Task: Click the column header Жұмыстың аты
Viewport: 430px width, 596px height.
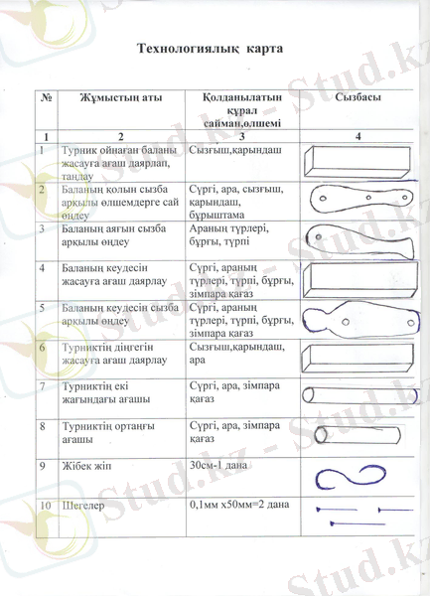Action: coord(120,98)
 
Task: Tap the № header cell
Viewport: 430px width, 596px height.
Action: coord(47,98)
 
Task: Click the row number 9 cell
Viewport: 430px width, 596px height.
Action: coord(43,465)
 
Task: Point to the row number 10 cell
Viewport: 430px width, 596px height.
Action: coord(45,506)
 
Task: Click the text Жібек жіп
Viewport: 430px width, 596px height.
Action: coord(87,465)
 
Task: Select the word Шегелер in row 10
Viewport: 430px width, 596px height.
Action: coord(85,506)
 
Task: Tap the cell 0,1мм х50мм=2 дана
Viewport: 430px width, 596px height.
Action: coord(238,506)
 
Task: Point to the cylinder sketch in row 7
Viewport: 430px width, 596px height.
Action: coord(354,393)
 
